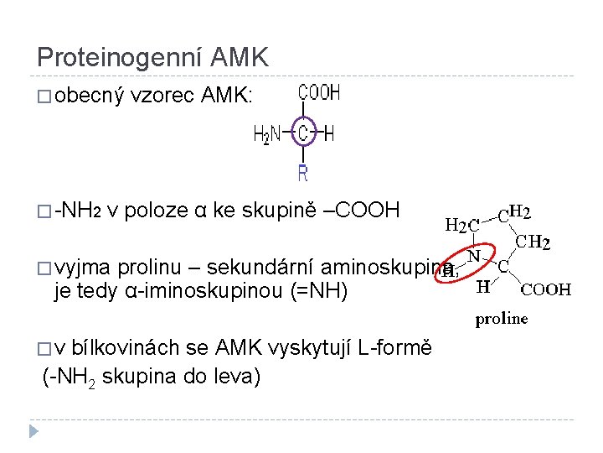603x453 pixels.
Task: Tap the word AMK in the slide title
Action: coord(240,57)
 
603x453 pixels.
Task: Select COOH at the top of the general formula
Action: coord(320,93)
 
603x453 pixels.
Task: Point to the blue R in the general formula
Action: coord(303,173)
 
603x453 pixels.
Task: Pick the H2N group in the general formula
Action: coord(267,133)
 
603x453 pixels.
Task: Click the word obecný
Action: coord(89,96)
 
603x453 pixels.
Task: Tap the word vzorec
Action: coord(163,96)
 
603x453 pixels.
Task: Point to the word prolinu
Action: coord(147,268)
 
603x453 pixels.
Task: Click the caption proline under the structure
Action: coord(502,319)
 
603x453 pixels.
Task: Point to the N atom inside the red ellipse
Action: coord(473,254)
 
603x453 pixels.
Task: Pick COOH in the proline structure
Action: coord(546,290)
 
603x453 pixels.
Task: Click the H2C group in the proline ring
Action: coord(462,225)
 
